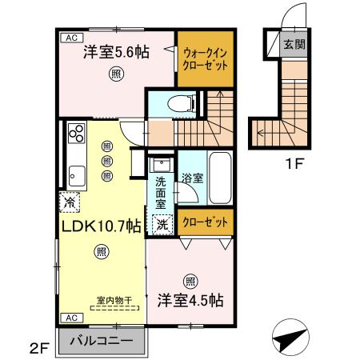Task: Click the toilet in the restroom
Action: click(x=182, y=103)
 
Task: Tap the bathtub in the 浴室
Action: click(x=220, y=178)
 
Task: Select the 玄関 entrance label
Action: click(x=294, y=44)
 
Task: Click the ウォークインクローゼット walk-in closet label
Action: click(x=205, y=59)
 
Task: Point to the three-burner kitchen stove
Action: click(x=77, y=133)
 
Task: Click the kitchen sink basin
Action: click(x=77, y=176)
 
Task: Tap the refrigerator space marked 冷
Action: click(x=70, y=202)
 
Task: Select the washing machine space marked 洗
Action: click(x=162, y=224)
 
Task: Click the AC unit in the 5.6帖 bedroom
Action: click(x=71, y=38)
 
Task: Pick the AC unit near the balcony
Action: click(x=71, y=318)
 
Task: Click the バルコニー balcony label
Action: click(x=102, y=340)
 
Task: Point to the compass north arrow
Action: click(x=290, y=337)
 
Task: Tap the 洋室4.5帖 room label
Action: click(x=190, y=301)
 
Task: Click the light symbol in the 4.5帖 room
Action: click(x=190, y=282)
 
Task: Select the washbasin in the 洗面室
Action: click(x=161, y=165)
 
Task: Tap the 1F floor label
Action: click(x=295, y=163)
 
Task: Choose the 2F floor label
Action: click(x=39, y=349)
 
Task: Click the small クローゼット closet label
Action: click(x=205, y=222)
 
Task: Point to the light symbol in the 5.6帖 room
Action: click(x=116, y=74)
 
